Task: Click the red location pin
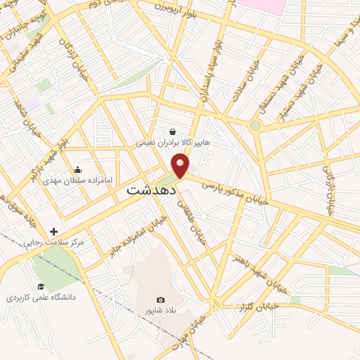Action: coord(181,165)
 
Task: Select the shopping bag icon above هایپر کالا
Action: coord(173,131)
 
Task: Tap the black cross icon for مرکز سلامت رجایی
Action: coord(54,231)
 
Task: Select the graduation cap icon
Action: coord(41,286)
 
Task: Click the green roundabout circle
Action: coord(255,126)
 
